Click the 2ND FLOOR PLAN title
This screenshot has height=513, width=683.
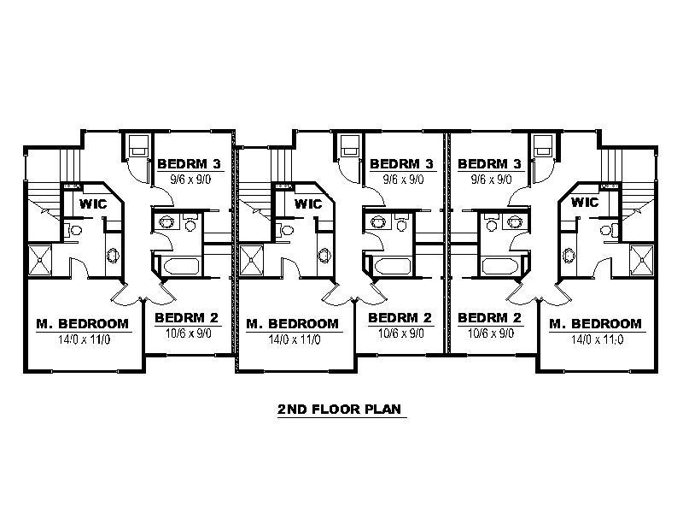pos(339,410)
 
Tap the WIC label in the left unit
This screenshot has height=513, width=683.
pos(93,203)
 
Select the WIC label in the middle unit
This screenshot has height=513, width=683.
pos(308,203)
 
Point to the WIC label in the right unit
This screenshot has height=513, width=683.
pos(585,203)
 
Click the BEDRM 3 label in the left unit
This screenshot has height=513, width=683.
pos(189,164)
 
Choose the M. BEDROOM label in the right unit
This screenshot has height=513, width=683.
pos(595,324)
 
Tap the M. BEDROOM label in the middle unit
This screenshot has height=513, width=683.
pos(292,324)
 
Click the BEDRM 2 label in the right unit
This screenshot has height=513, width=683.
pos(489,317)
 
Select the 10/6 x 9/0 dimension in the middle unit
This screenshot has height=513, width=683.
pos(400,333)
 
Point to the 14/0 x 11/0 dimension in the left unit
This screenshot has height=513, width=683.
pos(84,339)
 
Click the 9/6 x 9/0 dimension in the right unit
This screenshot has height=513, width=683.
pos(492,180)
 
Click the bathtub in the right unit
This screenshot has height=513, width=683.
pos(500,266)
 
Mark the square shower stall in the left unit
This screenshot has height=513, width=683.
pos(40,261)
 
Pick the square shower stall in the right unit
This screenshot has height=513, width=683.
pos(642,261)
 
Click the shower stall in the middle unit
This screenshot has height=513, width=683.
pos(251,261)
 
